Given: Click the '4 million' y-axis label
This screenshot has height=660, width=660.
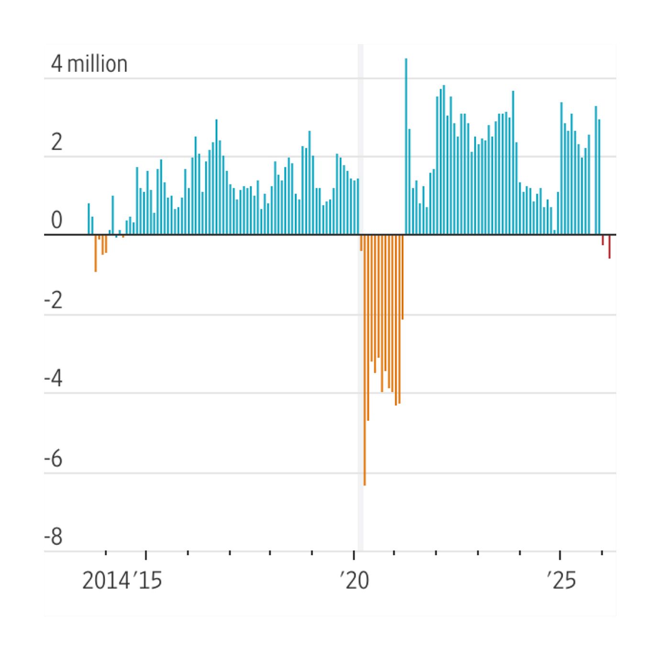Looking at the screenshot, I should coord(89,64).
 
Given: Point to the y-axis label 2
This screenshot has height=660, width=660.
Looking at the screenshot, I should coord(56,142).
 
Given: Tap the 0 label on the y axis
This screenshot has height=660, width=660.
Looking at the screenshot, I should coord(56,220).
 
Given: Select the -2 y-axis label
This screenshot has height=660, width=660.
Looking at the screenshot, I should coord(53,301).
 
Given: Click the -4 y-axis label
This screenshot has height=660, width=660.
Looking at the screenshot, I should coord(53,379).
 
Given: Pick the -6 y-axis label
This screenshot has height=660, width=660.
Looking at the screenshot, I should coord(53,459).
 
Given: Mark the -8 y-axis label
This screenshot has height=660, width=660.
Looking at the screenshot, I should coord(53,537).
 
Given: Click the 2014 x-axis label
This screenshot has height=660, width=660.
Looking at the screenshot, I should coord(106,581).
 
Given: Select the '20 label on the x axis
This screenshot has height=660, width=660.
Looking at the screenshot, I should coord(354,581).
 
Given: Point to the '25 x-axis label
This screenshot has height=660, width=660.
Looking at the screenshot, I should coord(561,581).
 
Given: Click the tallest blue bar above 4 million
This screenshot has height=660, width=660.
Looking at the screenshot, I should coord(406,143).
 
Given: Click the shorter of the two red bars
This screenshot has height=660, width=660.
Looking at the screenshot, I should coord(603,240).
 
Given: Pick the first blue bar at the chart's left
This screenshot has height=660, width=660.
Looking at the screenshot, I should coord(88,219).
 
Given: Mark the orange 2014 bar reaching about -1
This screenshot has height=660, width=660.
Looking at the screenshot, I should coord(96,253).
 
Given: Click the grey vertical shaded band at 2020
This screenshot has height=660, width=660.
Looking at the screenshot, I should coord(361,143).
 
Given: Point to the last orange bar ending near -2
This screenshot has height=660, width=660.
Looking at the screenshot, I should coord(403,277).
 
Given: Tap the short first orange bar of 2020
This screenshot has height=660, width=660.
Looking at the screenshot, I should coord(361,243).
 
